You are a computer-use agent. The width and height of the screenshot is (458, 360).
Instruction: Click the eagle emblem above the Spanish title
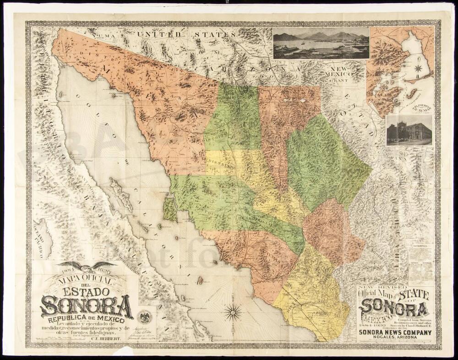(87, 266)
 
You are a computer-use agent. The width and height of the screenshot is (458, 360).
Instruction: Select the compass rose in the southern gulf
(234, 312)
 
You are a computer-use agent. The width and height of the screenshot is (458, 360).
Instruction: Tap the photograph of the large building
(409, 131)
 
